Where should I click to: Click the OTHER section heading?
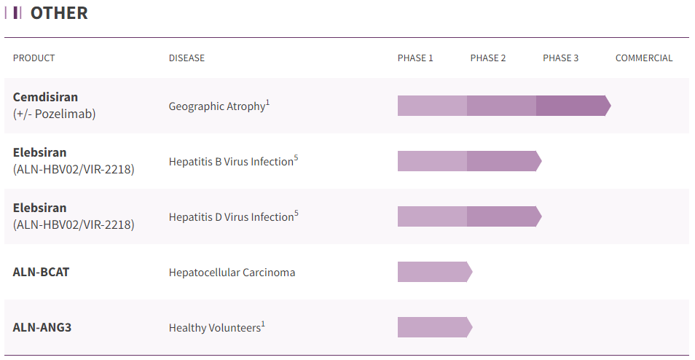pos(58,13)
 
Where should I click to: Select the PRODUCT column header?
pos(34,58)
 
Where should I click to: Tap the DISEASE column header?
pos(186,58)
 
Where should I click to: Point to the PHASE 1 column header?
pos(415,58)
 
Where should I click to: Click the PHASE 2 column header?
pos(488,58)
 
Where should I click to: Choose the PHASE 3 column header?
pos(560,58)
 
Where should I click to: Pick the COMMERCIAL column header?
pos(644,58)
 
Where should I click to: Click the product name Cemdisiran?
pos(45,97)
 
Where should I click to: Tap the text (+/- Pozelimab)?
pos(54,114)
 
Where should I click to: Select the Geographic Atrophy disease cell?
pos(217,106)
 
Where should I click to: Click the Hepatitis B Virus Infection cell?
pos(231,162)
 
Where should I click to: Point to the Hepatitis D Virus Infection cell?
pos(231,217)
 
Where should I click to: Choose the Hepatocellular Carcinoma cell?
pos(232,273)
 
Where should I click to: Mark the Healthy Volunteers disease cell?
pos(214,328)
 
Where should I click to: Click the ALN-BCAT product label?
pos(42,273)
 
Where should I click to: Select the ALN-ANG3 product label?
pos(42,327)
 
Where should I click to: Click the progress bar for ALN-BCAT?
pos(433,272)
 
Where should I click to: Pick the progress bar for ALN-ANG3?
pos(433,327)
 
